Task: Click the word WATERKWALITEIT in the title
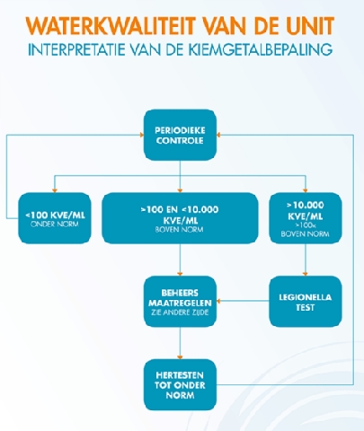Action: click(x=111, y=26)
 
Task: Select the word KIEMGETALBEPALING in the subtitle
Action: click(x=261, y=49)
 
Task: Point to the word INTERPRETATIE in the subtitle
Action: click(x=76, y=49)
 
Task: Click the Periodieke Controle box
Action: click(x=180, y=135)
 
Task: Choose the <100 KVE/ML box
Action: click(x=55, y=218)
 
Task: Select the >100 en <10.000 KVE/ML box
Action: click(x=180, y=218)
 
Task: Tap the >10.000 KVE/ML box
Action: click(x=306, y=218)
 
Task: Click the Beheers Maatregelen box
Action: click(x=180, y=302)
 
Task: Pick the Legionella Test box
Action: click(x=306, y=302)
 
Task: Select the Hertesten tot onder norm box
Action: click(x=180, y=384)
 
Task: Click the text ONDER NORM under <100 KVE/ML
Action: click(x=55, y=224)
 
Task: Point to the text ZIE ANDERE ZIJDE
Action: click(x=180, y=312)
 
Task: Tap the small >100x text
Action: click(x=306, y=225)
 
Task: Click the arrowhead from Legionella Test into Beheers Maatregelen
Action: click(x=218, y=301)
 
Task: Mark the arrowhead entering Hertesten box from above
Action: click(x=180, y=356)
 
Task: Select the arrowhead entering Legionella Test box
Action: click(x=306, y=274)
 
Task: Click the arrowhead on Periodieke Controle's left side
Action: click(x=142, y=135)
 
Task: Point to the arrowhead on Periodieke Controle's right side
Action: click(x=218, y=135)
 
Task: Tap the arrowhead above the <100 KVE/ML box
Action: click(x=55, y=190)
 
